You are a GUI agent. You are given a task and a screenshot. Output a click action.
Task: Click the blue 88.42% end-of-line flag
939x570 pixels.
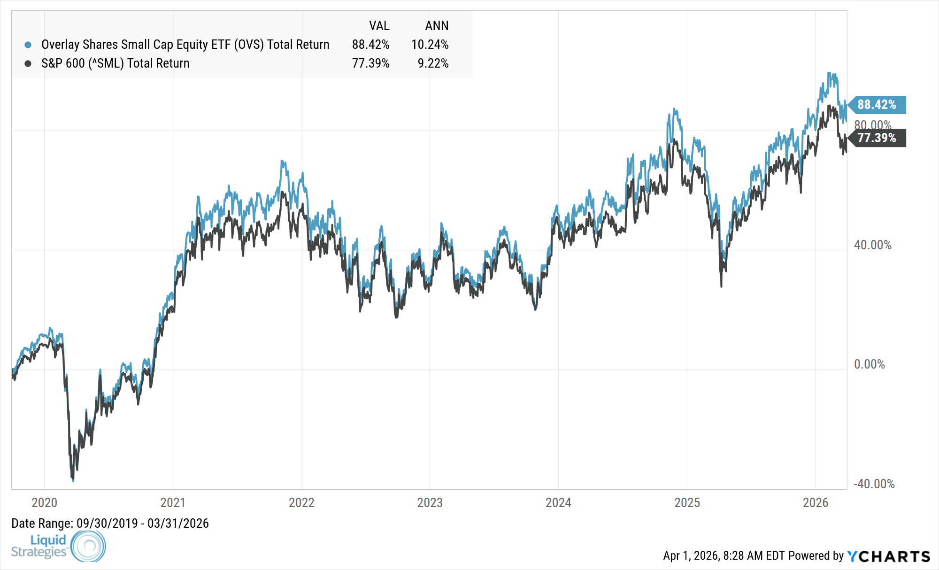[x=877, y=105]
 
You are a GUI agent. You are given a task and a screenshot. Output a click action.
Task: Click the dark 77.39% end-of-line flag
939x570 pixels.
[x=877, y=138]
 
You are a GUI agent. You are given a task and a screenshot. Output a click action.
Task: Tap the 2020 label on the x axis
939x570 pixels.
[x=44, y=502]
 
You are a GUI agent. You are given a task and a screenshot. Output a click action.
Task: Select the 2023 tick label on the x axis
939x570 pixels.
[x=430, y=502]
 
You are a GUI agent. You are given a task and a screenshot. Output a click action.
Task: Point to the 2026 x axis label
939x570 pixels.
[x=816, y=502]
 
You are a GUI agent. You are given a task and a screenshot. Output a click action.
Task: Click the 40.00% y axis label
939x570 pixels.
[x=872, y=245]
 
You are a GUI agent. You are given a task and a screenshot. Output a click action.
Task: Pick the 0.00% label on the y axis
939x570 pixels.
[x=869, y=364]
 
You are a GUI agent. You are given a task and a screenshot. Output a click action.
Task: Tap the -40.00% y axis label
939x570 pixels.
[x=874, y=484]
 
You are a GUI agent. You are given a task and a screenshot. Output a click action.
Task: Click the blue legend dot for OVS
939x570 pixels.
[x=28, y=45]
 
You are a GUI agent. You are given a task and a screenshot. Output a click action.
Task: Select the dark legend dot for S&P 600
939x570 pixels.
[x=28, y=63]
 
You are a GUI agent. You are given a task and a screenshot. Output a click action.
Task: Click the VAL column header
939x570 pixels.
[x=379, y=25]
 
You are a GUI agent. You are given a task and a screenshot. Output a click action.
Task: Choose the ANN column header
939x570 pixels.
[x=437, y=25]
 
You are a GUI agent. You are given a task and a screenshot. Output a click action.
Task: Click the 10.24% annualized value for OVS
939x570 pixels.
[x=430, y=45]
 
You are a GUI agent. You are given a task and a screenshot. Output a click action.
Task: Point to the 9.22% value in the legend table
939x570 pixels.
[x=433, y=63]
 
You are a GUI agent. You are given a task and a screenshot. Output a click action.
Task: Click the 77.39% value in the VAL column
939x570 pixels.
[x=370, y=63]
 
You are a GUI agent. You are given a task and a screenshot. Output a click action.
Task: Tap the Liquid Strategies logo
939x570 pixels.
[x=58, y=546]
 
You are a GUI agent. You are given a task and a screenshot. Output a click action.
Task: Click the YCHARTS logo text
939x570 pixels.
[x=888, y=556]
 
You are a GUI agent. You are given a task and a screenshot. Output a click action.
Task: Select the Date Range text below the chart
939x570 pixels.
[x=110, y=523]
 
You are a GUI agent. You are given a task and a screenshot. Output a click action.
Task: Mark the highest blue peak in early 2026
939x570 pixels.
[x=829, y=73]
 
